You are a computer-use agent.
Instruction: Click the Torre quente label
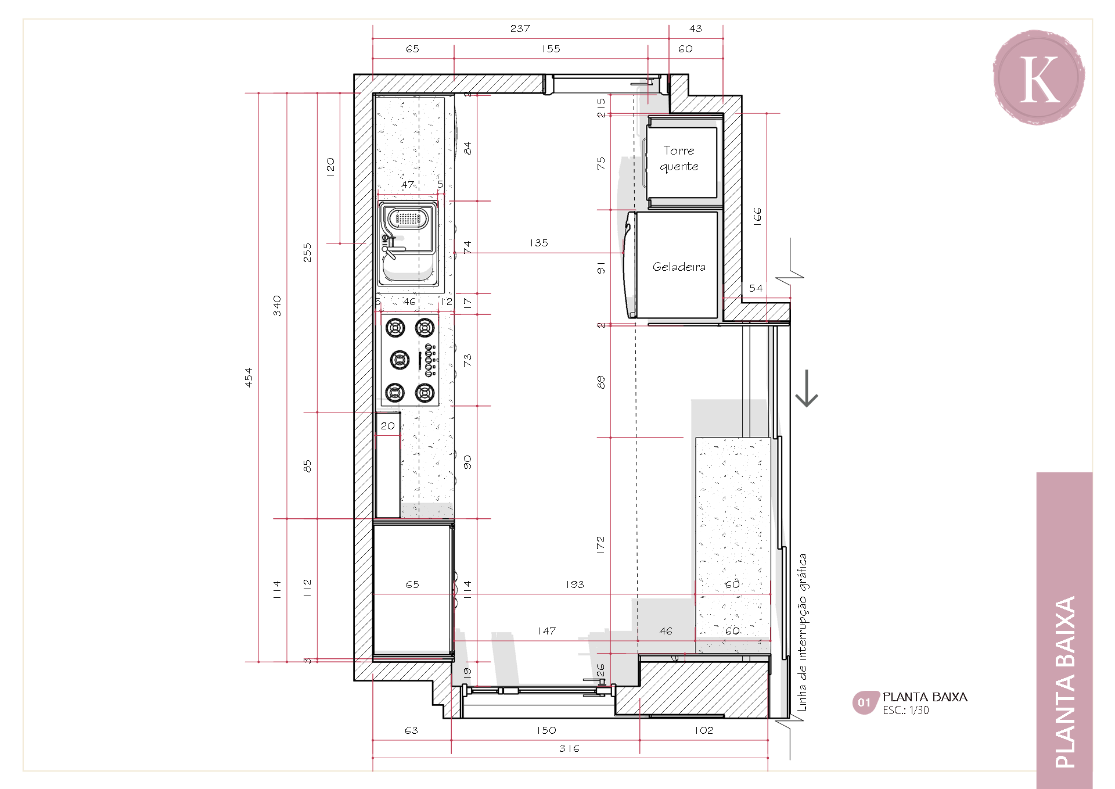(679, 159)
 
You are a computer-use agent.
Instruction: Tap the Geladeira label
(679, 267)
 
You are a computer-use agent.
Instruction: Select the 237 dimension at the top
(520, 28)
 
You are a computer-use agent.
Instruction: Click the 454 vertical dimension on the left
(249, 377)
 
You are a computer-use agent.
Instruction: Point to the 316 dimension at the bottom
(569, 748)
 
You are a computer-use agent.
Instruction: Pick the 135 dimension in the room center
(539, 243)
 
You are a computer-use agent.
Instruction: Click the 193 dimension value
(575, 584)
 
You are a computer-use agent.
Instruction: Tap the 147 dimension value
(546, 631)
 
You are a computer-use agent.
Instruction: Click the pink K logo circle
(1039, 77)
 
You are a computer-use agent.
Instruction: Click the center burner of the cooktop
(400, 360)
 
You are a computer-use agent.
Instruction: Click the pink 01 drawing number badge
(865, 702)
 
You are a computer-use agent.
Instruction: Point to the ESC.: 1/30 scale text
(906, 711)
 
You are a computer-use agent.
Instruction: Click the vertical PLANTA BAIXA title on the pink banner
(1065, 682)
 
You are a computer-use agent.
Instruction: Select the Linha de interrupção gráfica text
(802, 632)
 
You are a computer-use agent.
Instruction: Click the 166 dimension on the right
(757, 216)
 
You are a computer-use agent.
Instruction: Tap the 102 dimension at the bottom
(704, 730)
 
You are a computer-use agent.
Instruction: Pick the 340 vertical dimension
(277, 306)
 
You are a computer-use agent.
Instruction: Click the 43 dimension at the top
(696, 28)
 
